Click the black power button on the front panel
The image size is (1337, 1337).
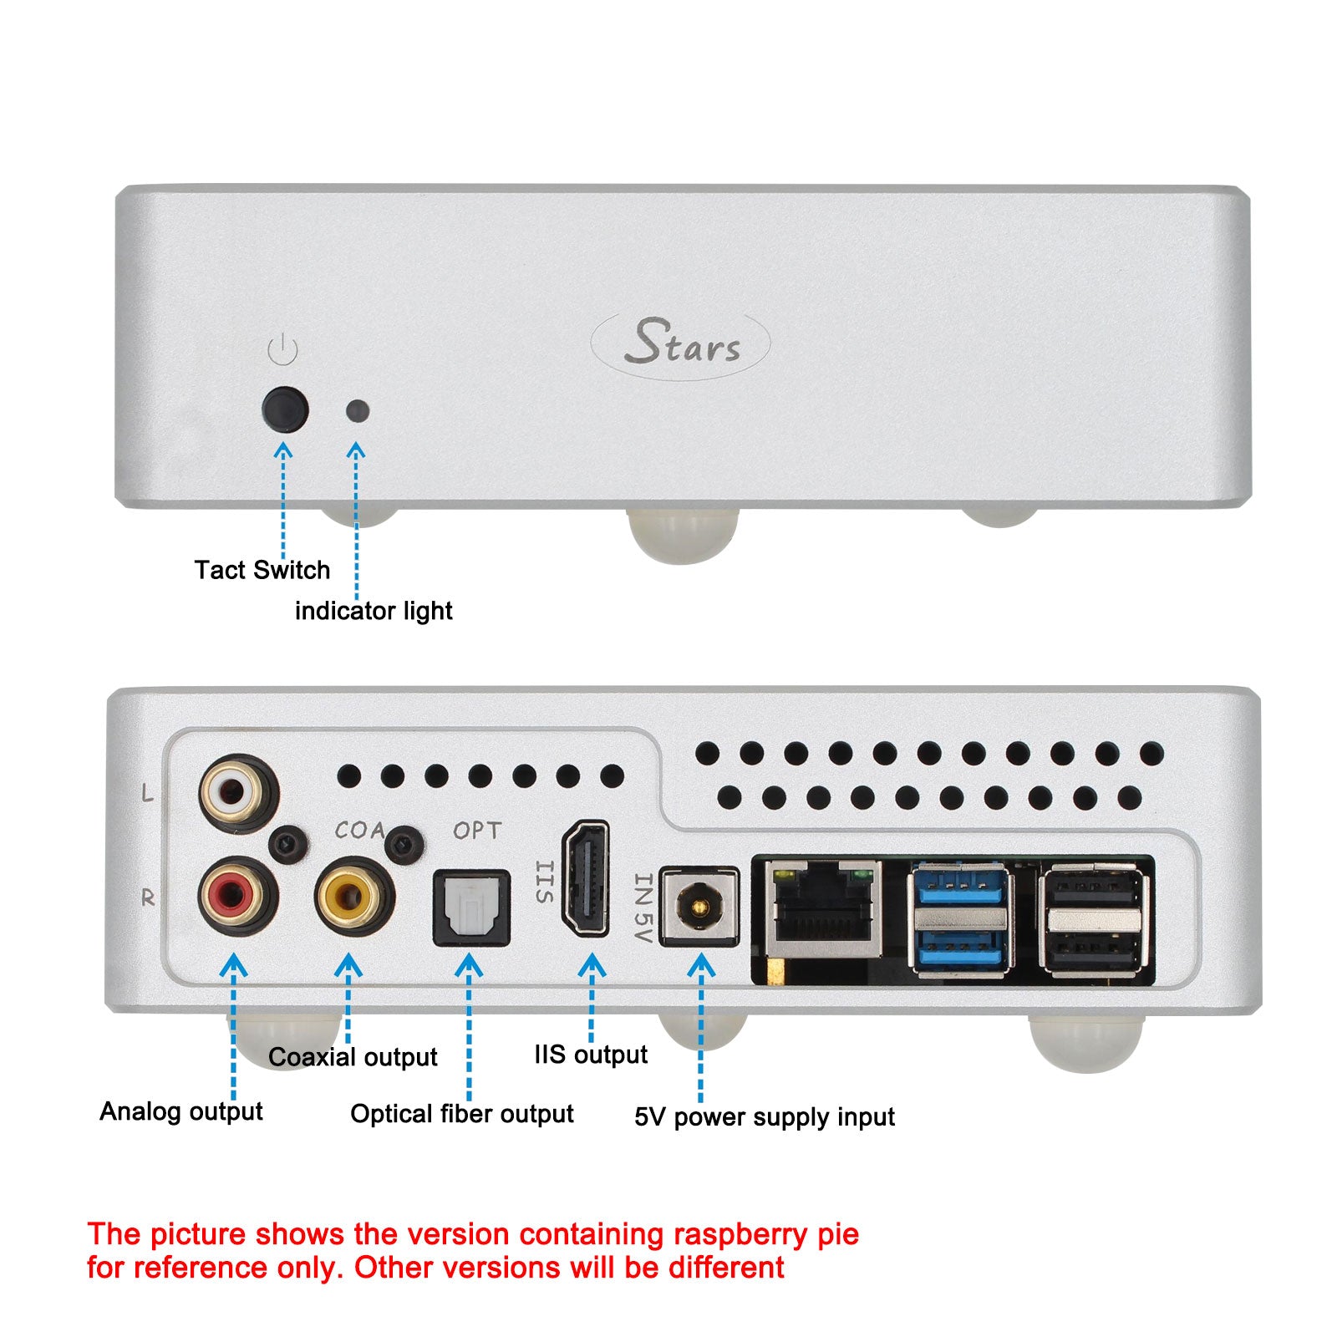285,409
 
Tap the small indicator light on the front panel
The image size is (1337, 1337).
358,411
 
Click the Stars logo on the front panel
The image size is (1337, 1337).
680,344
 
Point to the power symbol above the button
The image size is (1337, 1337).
283,350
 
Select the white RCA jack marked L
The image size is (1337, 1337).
237,792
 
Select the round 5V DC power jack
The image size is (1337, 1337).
699,907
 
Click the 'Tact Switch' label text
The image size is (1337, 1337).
262,570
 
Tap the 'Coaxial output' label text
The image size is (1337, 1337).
353,1057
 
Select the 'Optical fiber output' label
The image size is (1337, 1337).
461,1114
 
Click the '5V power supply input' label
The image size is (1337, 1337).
764,1117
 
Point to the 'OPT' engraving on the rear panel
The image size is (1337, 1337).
477,831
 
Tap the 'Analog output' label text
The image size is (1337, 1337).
180,1111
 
